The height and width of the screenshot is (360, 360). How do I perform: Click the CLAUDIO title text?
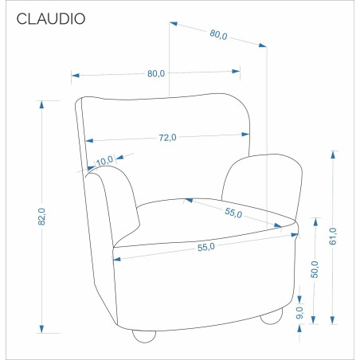pos(51,19)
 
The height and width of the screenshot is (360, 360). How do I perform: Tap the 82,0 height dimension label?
pos(41,217)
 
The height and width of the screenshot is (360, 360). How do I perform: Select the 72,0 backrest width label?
pos(167,138)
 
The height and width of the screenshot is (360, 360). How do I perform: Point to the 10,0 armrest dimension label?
pos(104,161)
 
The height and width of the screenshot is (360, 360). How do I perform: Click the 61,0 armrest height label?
pos(332,236)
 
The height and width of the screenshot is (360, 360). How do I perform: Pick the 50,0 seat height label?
pos(315,269)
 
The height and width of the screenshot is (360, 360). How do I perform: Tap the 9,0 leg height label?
pos(299,313)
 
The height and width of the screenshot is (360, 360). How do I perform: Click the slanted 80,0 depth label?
pos(218,34)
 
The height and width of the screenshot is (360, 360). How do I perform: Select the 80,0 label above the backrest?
pos(156,73)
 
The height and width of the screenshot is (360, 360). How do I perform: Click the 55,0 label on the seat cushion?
pos(233,213)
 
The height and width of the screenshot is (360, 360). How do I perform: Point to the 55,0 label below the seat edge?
pos(206,247)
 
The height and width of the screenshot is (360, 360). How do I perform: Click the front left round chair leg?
pos(144,336)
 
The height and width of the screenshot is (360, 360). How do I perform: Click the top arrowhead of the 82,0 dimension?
pos(41,104)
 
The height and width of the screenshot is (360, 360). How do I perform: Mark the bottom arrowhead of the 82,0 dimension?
pos(41,329)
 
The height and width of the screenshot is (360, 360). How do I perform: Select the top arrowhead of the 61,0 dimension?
pos(333,155)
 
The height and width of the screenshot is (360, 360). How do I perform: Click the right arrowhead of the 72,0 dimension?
pos(245,135)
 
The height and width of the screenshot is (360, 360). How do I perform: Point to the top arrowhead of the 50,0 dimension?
pos(315,222)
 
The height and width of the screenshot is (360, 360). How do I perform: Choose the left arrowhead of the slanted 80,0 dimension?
pos(174,24)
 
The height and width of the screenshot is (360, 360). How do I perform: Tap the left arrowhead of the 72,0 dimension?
pos(89,140)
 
